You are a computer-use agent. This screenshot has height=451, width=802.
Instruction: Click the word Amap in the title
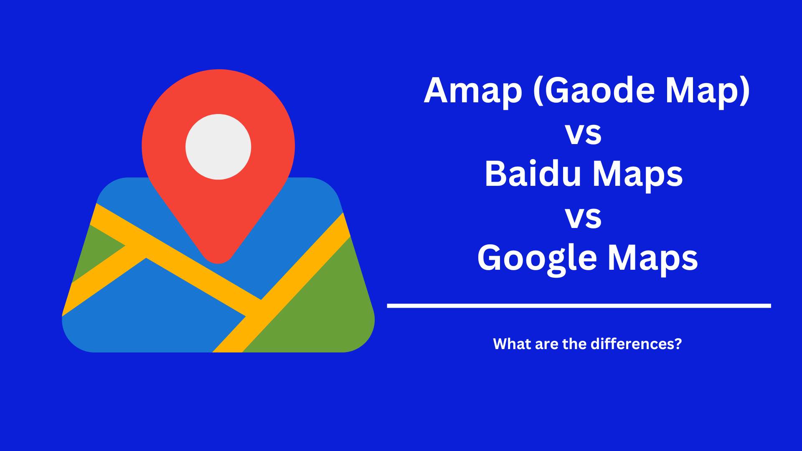click(x=473, y=91)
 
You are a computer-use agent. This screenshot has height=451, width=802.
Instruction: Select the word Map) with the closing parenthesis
click(x=708, y=91)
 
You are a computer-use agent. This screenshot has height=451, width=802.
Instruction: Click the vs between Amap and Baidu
click(x=583, y=134)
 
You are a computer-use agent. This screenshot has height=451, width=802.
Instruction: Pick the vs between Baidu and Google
click(x=583, y=217)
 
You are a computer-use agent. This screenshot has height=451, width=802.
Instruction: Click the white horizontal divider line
click(x=579, y=306)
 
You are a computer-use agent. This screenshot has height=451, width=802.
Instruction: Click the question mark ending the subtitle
click(x=678, y=344)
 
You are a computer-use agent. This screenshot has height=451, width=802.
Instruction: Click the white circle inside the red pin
click(x=218, y=147)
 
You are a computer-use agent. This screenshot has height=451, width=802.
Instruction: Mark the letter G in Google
click(x=490, y=258)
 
